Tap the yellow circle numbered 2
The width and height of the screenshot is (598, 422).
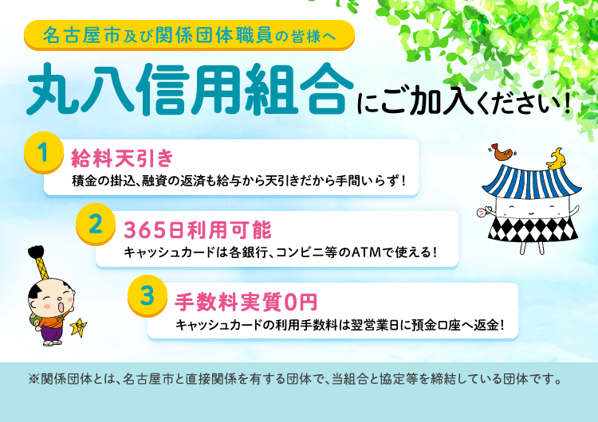click(x=95, y=225)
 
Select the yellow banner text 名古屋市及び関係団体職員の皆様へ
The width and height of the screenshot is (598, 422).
click(x=188, y=35)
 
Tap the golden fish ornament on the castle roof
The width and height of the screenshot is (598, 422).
click(x=555, y=156)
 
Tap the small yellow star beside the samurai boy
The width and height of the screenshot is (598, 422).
click(x=79, y=326)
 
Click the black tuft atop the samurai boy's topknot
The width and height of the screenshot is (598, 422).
click(x=37, y=255)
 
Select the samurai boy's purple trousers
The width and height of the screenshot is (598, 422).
click(x=53, y=332)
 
